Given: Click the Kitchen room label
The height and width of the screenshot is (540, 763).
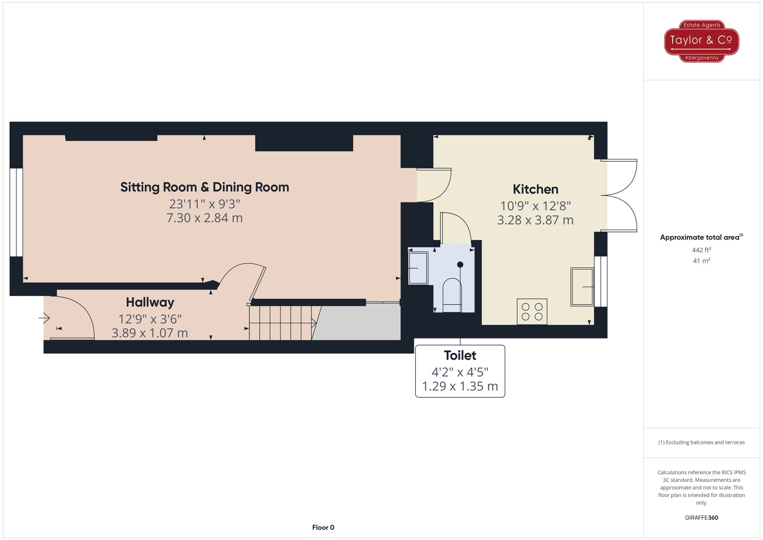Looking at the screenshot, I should point(535,189).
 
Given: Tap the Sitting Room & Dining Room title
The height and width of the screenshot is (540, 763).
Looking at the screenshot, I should point(204,187).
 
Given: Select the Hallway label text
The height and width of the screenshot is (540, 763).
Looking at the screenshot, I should point(150,302).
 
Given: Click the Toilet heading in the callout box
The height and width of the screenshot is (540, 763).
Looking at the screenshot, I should point(460,355).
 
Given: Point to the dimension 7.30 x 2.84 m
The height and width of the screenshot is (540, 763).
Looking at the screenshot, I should point(204,218).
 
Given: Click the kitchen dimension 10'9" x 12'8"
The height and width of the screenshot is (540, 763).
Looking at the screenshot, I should point(535,206).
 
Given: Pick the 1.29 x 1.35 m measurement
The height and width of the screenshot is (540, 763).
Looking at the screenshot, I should point(460,386).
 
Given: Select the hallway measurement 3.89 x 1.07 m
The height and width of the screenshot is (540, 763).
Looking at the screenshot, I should point(150,333).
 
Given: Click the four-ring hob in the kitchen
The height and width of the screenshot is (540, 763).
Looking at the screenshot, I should point(532,311).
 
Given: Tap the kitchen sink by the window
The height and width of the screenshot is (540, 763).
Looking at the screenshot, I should point(582,287).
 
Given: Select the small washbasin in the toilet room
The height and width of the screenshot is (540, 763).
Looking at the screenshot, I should point(418,268).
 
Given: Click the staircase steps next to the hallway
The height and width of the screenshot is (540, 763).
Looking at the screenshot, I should point(280,323).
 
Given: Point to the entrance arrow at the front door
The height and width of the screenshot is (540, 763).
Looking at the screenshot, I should point(44,318).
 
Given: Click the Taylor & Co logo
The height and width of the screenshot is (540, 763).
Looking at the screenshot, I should point(701,41).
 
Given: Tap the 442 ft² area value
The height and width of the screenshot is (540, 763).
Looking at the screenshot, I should point(701,250).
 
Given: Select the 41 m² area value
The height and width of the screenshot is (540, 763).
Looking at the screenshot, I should point(701,261).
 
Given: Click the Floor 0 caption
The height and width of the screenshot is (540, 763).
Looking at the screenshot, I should point(323,527).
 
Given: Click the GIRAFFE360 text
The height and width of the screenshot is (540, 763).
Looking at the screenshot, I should point(701,518).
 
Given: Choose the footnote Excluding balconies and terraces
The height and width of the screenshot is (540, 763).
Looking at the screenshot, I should point(701,442).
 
